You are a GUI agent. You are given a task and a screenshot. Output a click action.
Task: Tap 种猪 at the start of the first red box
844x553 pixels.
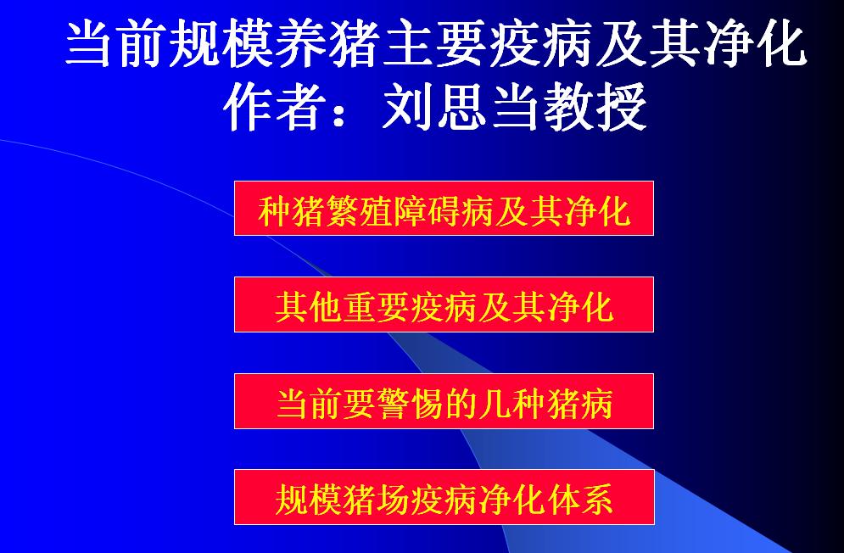tap(291, 211)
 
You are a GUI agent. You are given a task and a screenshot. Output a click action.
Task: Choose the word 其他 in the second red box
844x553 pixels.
tap(309, 308)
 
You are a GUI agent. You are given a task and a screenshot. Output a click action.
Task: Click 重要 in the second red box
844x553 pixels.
tap(376, 308)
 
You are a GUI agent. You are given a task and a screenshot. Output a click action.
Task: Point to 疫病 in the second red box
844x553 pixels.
tap(444, 308)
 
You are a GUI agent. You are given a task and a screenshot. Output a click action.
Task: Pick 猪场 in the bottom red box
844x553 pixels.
tap(376, 500)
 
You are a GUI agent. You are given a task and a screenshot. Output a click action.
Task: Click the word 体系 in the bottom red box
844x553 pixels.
tap(579, 500)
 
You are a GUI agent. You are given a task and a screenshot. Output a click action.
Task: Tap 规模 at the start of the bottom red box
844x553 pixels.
tap(309, 500)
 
